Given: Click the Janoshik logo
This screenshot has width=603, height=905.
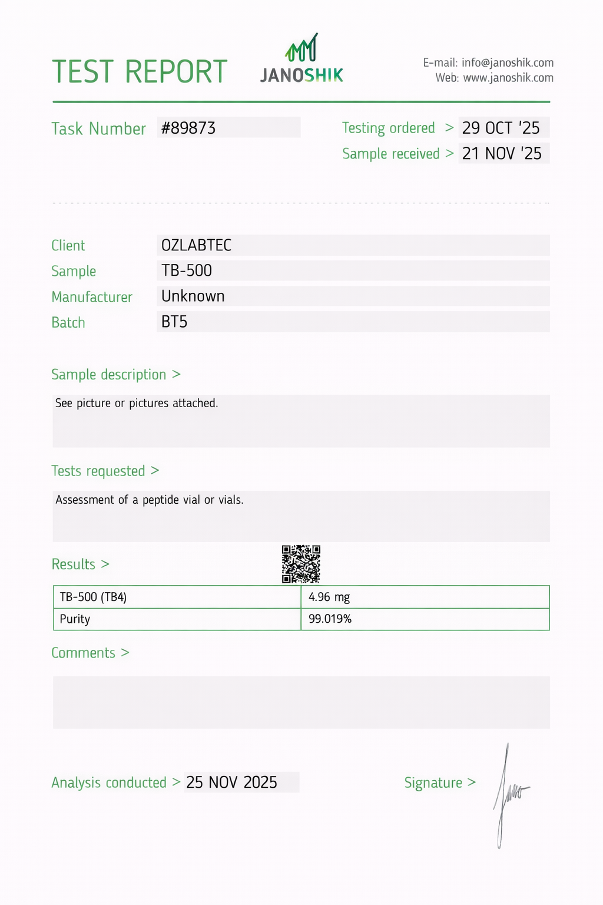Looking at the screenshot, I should tap(301, 60).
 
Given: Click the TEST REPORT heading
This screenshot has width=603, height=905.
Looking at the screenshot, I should tap(140, 72).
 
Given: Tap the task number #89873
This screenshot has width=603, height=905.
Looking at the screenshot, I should tap(188, 128).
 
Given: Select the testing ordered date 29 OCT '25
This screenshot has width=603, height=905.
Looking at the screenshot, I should tap(501, 128).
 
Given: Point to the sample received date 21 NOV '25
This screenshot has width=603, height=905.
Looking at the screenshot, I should tap(502, 154).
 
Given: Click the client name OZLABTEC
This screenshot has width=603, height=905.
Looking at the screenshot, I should tap(197, 245).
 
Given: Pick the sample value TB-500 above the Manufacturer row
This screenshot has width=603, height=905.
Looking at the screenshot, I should tap(187, 270).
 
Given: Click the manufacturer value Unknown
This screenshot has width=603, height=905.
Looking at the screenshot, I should tap(193, 296).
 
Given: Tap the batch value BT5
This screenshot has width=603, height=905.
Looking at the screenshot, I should tap(174, 322).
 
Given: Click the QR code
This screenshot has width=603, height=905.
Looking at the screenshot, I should tap(301, 564).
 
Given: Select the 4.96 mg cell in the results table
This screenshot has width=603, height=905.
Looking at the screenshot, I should tap(329, 597).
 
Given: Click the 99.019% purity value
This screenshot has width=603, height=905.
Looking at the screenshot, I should tap(330, 619).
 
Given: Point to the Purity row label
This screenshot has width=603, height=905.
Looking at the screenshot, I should tap(75, 619).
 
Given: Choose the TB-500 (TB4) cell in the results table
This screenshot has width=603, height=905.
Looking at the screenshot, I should tap(93, 597).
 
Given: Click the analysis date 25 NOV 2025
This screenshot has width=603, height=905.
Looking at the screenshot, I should tap(231, 782).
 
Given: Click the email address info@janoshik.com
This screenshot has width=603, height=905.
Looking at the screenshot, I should tap(507, 62).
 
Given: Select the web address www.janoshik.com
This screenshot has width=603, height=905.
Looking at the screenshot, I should tap(508, 78).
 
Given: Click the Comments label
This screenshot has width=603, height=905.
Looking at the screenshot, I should tap(83, 653).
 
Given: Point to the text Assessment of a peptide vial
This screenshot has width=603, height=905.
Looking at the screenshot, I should tap(150, 500).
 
